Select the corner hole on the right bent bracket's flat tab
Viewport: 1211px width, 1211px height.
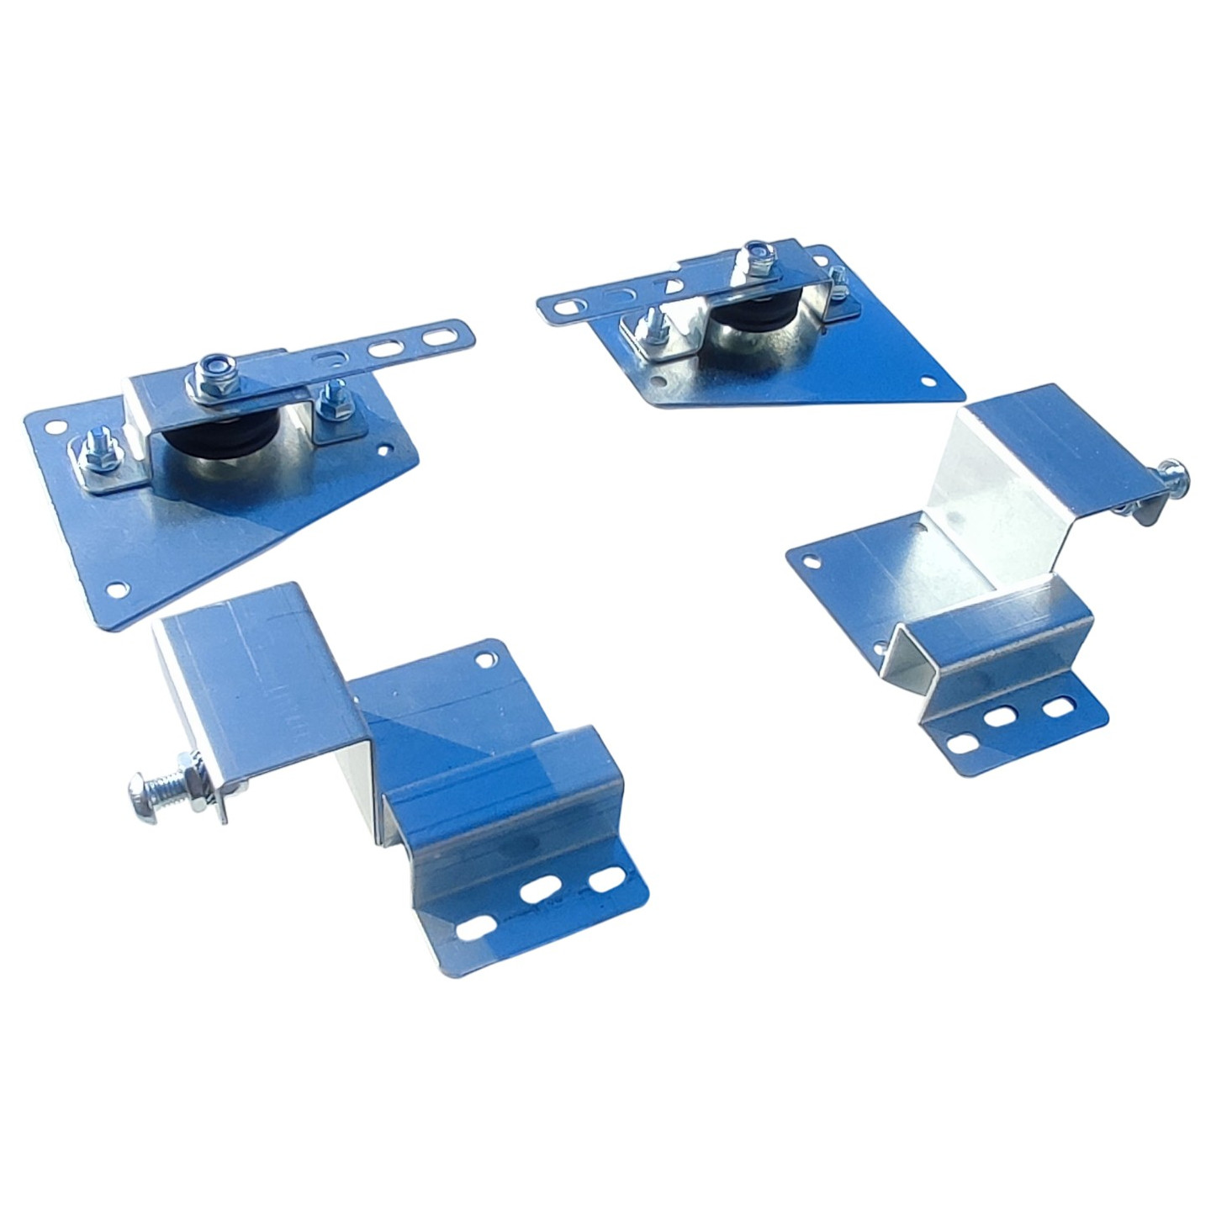point(811,559)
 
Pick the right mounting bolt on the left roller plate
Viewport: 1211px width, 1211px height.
point(335,394)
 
